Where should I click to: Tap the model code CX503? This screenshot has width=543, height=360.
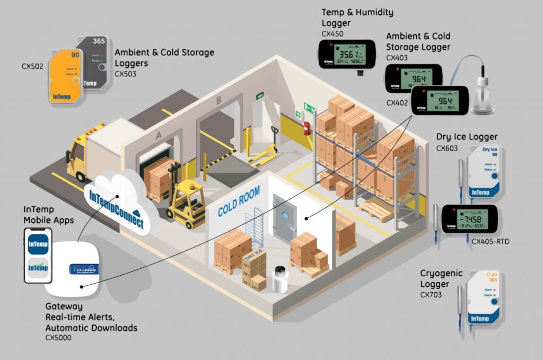click(x=125, y=74)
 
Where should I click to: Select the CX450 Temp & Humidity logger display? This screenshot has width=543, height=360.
click(x=344, y=55)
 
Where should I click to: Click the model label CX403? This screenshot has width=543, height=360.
click(x=397, y=58)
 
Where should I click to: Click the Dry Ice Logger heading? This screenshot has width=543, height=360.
click(x=467, y=137)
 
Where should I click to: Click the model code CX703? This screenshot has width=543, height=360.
click(x=431, y=295)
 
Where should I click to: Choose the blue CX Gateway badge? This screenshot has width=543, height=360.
click(x=83, y=269)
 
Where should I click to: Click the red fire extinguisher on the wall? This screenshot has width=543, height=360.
click(x=306, y=128)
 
